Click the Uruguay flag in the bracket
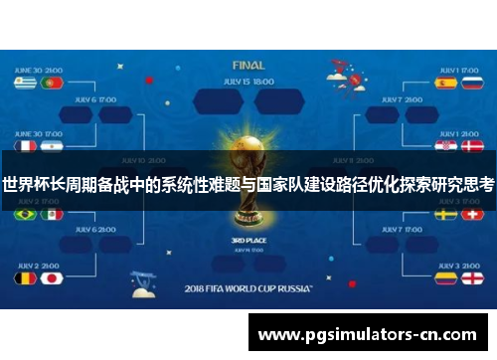[x=26, y=84]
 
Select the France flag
[x=26, y=145]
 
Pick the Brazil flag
[x=26, y=214]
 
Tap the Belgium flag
[x=26, y=277]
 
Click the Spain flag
[x=446, y=84]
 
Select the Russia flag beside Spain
[x=472, y=84]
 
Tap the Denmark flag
[x=472, y=145]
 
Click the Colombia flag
[x=446, y=277]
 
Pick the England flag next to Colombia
[x=472, y=277]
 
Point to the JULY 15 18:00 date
[x=248, y=81]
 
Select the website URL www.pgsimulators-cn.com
[x=368, y=335]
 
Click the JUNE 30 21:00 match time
[x=39, y=70]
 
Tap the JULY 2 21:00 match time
[x=39, y=265]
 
